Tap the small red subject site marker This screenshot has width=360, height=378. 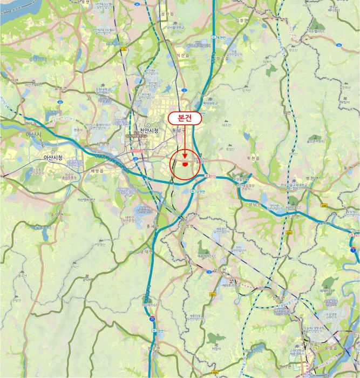tap(185, 163)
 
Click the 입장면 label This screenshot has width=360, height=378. tap(239, 19)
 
